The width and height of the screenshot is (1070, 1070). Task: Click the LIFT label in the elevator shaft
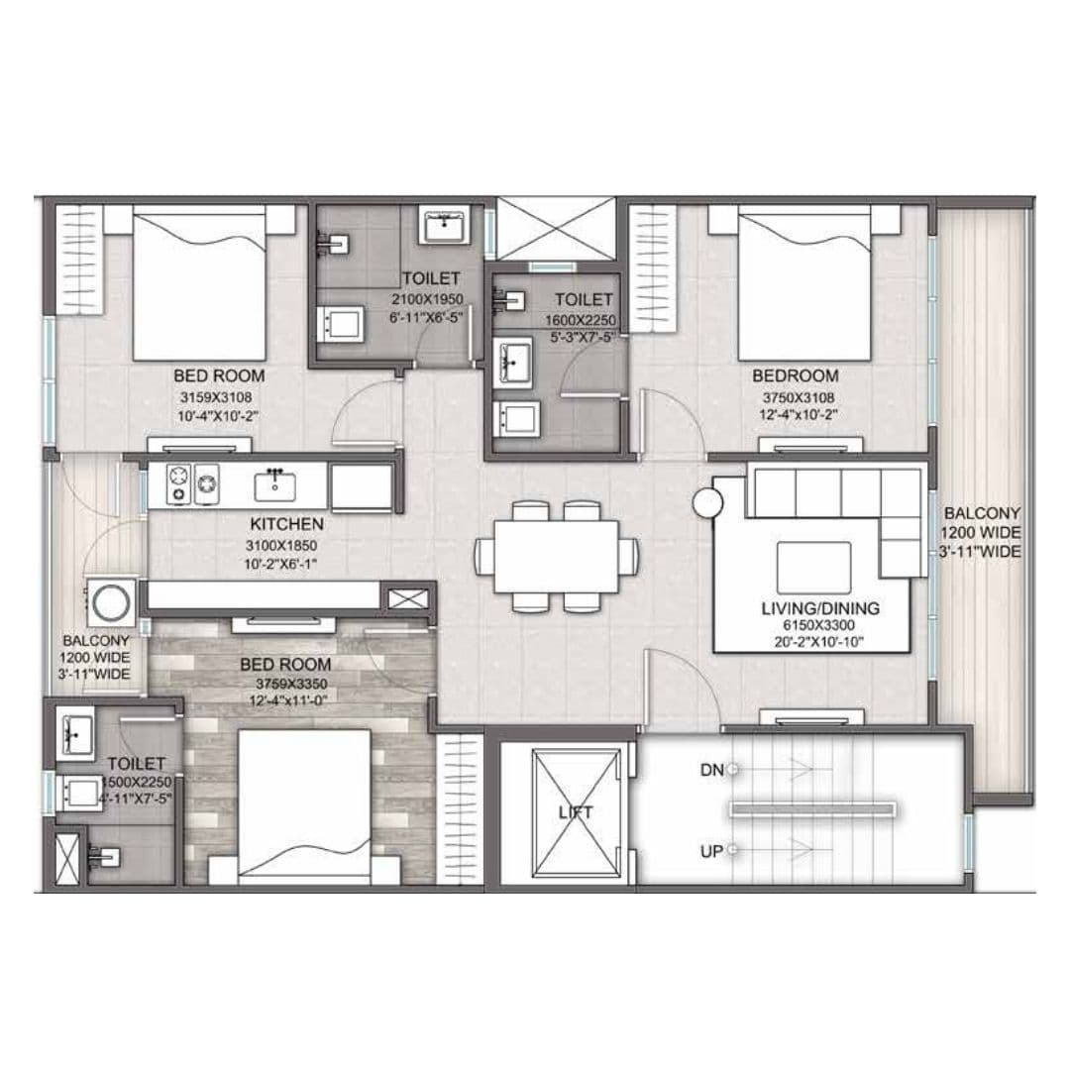tap(575, 811)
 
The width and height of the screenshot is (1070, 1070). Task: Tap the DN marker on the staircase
tap(710, 769)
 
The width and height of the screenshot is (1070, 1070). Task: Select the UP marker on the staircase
tap(710, 850)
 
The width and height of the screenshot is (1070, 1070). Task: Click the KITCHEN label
tap(286, 524)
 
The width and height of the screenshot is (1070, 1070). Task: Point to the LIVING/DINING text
tap(820, 608)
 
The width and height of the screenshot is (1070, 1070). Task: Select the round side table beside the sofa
tap(710, 501)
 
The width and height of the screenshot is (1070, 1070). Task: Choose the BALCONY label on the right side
tap(981, 514)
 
